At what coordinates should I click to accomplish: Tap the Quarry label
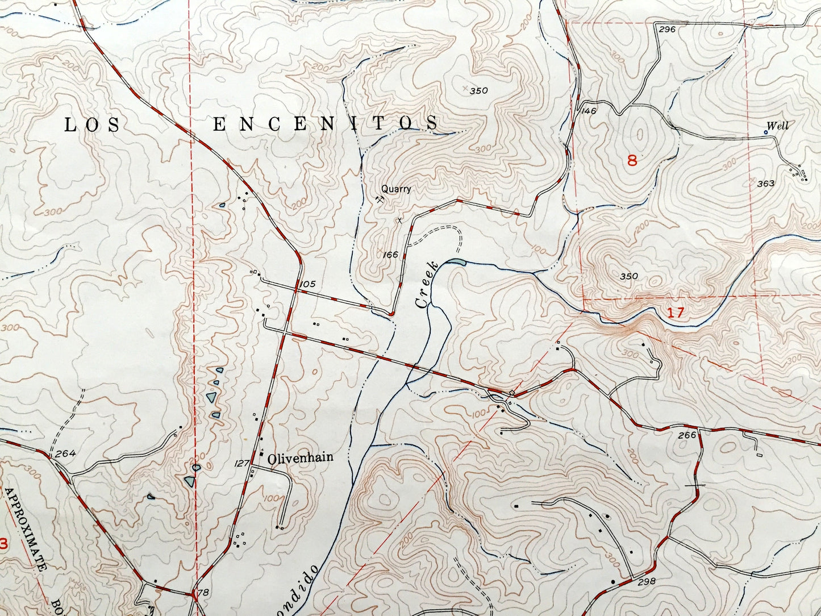point(395,189)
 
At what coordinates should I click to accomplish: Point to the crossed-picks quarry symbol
point(379,199)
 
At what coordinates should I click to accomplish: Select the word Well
point(777,126)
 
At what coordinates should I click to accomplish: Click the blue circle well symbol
point(765,132)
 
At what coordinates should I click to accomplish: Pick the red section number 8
point(632,160)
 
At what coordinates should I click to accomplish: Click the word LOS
point(92,125)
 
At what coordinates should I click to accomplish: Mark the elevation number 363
point(766,183)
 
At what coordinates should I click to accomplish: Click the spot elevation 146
point(589,111)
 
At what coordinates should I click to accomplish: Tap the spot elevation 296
point(668,29)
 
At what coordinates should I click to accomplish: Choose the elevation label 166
point(390,255)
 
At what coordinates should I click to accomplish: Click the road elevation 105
point(309,284)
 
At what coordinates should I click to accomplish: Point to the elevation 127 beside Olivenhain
point(241,463)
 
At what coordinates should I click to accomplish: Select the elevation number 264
point(66,453)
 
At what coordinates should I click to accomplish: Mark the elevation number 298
point(647,581)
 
